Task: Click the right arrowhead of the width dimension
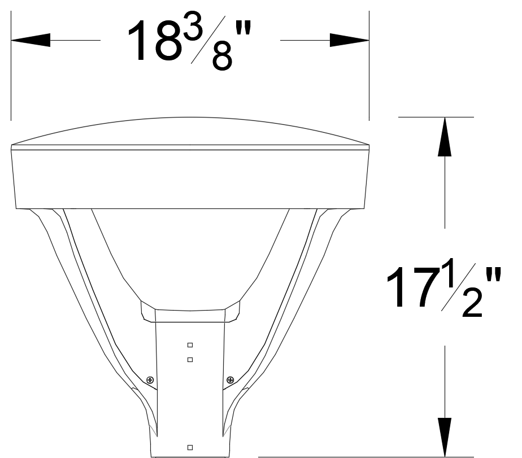(x=350, y=41)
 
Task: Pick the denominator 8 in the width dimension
(x=221, y=55)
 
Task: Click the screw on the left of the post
(x=150, y=380)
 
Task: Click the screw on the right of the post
(x=230, y=380)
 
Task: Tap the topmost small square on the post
(x=190, y=344)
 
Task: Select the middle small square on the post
(x=190, y=359)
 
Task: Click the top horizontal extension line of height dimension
(x=436, y=117)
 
